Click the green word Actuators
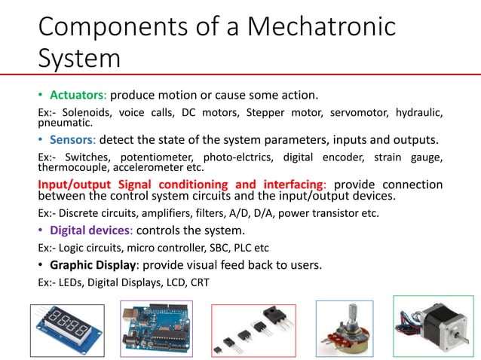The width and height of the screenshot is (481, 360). point(78,96)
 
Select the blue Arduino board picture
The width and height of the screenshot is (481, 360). point(156,328)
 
